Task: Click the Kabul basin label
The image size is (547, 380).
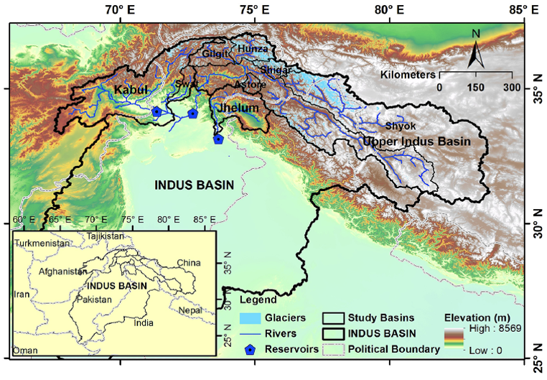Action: [130, 89]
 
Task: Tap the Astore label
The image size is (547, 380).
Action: [251, 85]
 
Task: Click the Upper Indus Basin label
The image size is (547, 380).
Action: [416, 142]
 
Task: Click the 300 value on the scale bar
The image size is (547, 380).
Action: [512, 88]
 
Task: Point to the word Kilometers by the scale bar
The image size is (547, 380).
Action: [408, 74]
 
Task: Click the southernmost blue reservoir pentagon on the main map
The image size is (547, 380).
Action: [218, 139]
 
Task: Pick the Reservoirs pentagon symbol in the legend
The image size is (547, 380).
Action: [250, 350]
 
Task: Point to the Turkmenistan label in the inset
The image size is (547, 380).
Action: [43, 244]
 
